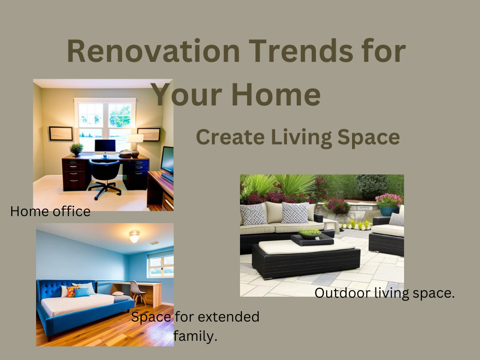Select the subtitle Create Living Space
[x=298, y=137]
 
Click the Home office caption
[x=50, y=211]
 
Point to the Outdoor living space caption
[x=384, y=293]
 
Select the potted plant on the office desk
[x=76, y=150]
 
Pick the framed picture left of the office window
[x=61, y=134]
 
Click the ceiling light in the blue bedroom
[x=135, y=236]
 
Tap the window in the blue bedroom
[x=160, y=264]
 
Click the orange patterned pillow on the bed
[x=72, y=292]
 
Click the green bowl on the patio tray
[x=310, y=233]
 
